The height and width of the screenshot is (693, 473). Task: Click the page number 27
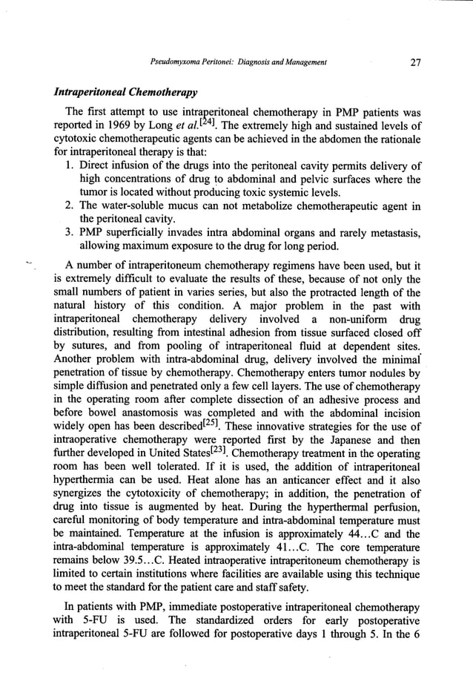[414, 63]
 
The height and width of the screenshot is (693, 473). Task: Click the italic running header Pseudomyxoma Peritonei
[199, 64]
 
